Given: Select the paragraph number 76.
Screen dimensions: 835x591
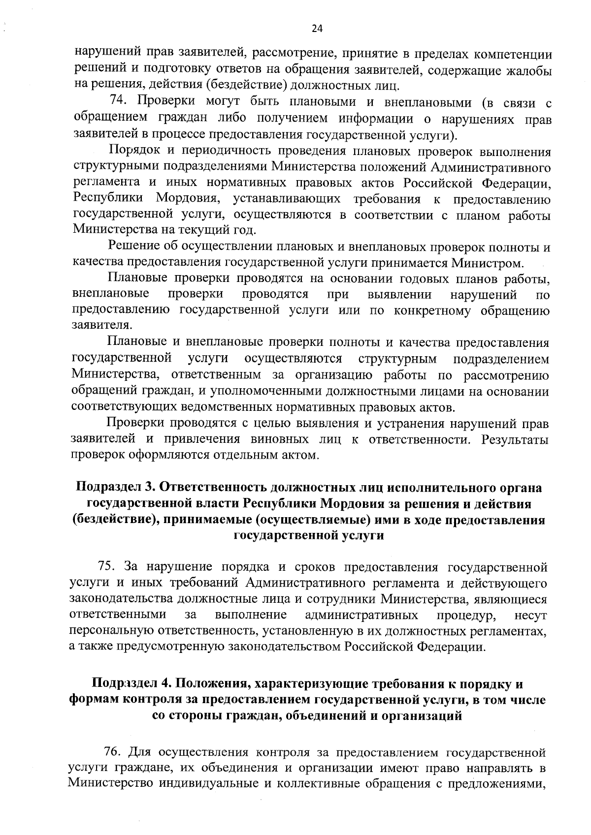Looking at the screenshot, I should coord(112,752).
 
